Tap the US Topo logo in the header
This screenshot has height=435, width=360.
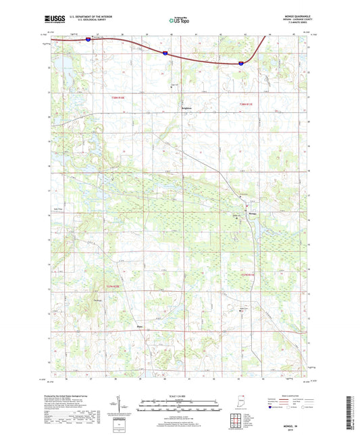click(174, 21)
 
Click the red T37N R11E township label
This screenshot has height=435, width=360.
click(249, 274)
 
